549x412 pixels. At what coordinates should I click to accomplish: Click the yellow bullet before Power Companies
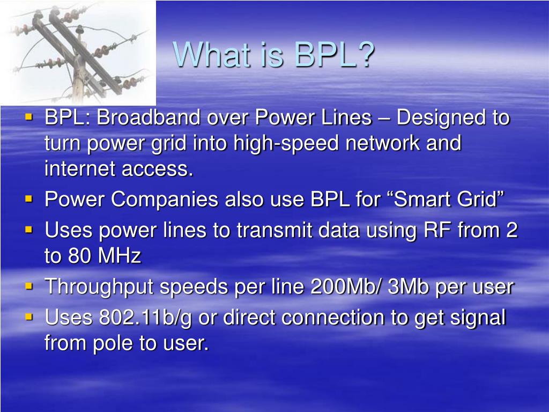pyautogui.click(x=29, y=198)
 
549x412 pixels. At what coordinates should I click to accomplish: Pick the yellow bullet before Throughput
pyautogui.click(x=29, y=286)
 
